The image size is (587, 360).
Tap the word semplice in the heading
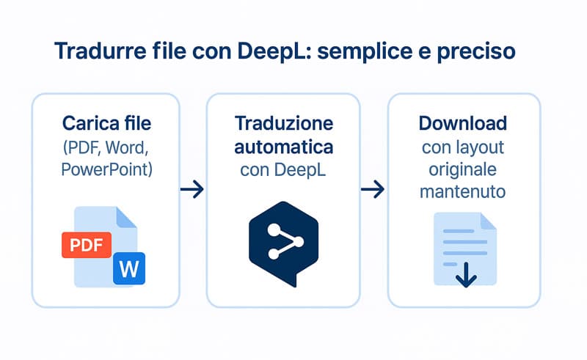pos(365,51)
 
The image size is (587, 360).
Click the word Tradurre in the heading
pos(101,51)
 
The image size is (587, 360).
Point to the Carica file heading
pos(106,123)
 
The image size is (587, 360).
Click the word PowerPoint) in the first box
pos(106,170)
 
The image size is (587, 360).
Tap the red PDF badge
pos(87,245)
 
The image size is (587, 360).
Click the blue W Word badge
pos(129,268)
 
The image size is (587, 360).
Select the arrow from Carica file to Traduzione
pos(192,189)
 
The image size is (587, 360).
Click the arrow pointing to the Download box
pos(373,189)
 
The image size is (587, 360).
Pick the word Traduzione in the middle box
pos(284,123)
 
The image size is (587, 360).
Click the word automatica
pos(284,147)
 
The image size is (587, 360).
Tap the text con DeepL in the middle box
pos(283,170)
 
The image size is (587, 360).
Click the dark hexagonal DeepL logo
pos(284,243)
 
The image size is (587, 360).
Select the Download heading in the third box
pos(463,123)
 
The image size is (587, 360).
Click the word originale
pos(463,170)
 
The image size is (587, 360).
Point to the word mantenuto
pos(463,191)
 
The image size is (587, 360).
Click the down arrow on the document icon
pos(466,275)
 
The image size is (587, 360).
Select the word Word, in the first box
pos(127,147)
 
